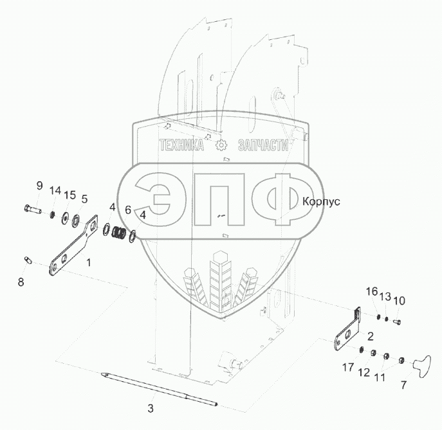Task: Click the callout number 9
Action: point(39,186)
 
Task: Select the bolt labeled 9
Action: point(31,208)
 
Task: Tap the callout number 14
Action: point(55,190)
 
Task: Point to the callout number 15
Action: point(69,195)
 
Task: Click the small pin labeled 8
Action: point(28,260)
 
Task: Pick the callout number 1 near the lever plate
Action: point(89,262)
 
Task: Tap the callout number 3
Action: point(151,409)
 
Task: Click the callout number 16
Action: point(373,291)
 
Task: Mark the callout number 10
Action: point(399,300)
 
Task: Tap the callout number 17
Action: point(348,368)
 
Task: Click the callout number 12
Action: point(363,373)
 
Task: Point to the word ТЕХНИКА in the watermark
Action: point(182,146)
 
